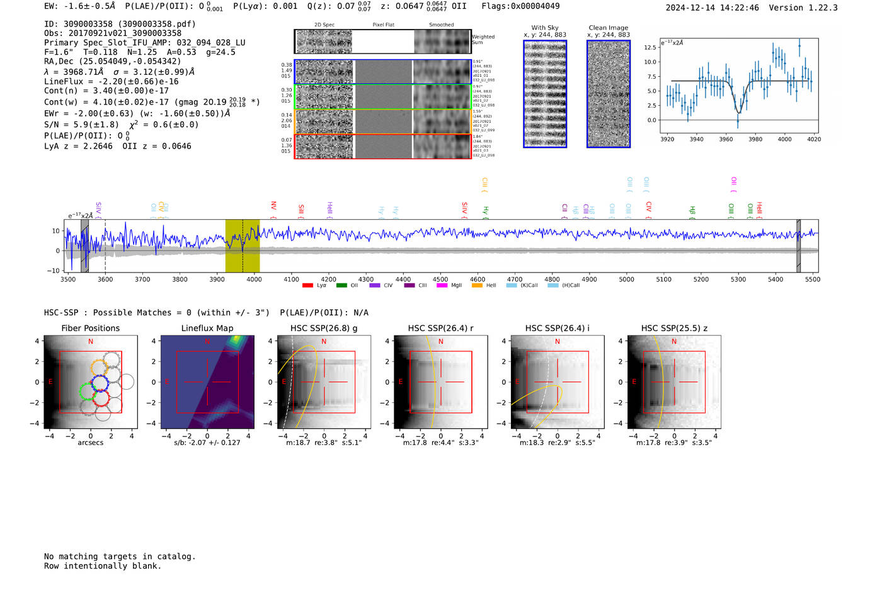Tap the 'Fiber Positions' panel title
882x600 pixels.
coord(90,328)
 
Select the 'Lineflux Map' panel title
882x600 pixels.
coord(207,328)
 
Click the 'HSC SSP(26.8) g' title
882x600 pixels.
coord(324,328)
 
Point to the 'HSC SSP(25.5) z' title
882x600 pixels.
coord(674,328)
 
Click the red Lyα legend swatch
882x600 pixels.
coord(307,285)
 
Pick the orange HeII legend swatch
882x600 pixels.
coord(477,285)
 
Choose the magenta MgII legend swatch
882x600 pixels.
coord(442,285)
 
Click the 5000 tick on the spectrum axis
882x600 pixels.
coord(626,280)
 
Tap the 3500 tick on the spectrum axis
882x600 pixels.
coord(68,280)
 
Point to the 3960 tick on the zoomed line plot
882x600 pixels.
coord(726,139)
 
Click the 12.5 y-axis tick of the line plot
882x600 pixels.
coord(650,47)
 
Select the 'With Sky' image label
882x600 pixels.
coord(545,28)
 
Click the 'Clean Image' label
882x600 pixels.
coord(609,28)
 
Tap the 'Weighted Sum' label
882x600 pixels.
coord(483,40)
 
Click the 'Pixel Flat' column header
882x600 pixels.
coord(383,25)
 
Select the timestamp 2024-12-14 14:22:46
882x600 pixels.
coord(712,8)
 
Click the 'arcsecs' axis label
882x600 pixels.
coord(90,443)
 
